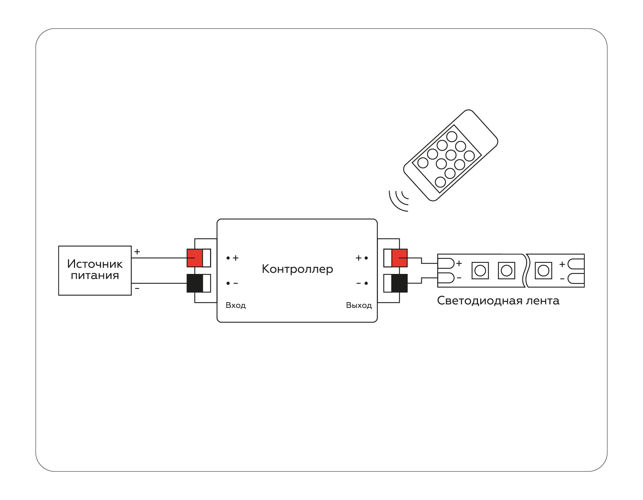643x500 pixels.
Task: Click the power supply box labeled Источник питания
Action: [95, 270]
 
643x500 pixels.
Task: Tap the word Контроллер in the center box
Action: [297, 269]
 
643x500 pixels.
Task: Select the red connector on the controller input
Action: [195, 258]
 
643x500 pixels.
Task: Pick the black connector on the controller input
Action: [195, 283]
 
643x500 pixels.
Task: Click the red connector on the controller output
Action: [399, 258]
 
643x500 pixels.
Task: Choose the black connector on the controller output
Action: [399, 283]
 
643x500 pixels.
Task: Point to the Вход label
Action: [236, 305]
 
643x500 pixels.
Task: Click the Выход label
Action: [359, 305]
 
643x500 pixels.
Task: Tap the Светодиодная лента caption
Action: [498, 301]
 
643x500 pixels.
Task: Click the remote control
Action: [451, 155]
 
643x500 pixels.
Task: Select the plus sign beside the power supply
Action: [137, 252]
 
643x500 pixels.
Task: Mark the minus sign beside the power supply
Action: [137, 288]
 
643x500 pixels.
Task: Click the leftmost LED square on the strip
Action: [480, 271]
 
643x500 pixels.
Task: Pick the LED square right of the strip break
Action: [543, 271]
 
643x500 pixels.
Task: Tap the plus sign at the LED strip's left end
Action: [459, 263]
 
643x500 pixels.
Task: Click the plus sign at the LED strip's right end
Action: [562, 264]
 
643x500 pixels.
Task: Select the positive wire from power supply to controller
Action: [159, 258]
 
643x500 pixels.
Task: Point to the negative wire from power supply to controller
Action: [159, 283]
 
